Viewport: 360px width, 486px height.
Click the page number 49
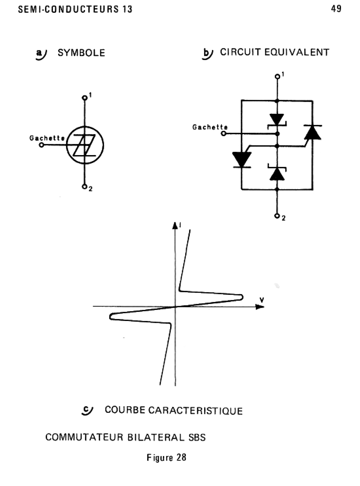click(336, 9)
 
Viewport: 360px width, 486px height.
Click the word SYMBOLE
click(81, 53)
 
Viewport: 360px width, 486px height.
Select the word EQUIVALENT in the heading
click(297, 52)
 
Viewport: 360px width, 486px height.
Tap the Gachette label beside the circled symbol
click(47, 138)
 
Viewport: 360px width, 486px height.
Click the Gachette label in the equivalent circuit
click(210, 127)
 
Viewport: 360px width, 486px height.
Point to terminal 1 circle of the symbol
click(85, 98)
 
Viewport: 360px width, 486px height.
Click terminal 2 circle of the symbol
click(85, 186)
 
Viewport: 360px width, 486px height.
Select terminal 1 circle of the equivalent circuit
click(277, 76)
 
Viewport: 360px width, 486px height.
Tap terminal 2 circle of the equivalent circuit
click(277, 216)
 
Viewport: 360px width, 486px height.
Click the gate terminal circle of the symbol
click(42, 145)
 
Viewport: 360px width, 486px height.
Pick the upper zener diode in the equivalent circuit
click(277, 120)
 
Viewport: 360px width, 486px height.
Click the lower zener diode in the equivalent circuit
click(277, 173)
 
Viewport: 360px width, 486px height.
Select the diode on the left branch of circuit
click(242, 159)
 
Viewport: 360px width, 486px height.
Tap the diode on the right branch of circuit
click(313, 133)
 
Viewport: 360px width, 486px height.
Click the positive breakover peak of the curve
click(241, 297)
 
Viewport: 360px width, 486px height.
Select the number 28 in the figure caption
click(181, 457)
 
